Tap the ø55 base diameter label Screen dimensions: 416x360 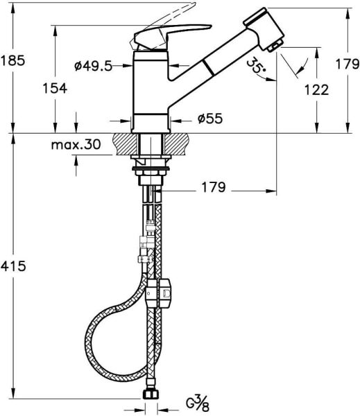coord(209,119)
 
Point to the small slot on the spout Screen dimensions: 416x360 coord(206,69)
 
